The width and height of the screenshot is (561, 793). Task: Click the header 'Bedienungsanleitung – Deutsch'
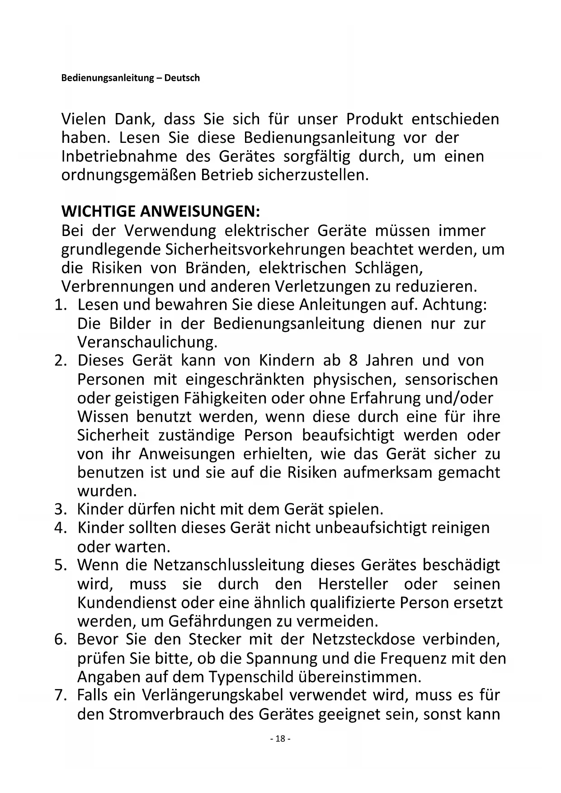(130, 78)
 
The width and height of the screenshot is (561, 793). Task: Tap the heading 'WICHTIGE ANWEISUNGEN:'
(160, 212)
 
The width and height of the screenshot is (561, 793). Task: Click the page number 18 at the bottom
(280, 739)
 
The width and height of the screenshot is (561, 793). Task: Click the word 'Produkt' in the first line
(374, 119)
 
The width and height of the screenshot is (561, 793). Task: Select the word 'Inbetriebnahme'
(119, 156)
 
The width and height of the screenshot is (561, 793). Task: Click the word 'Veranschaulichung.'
(147, 342)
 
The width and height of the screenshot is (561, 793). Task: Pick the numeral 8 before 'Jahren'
(353, 361)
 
